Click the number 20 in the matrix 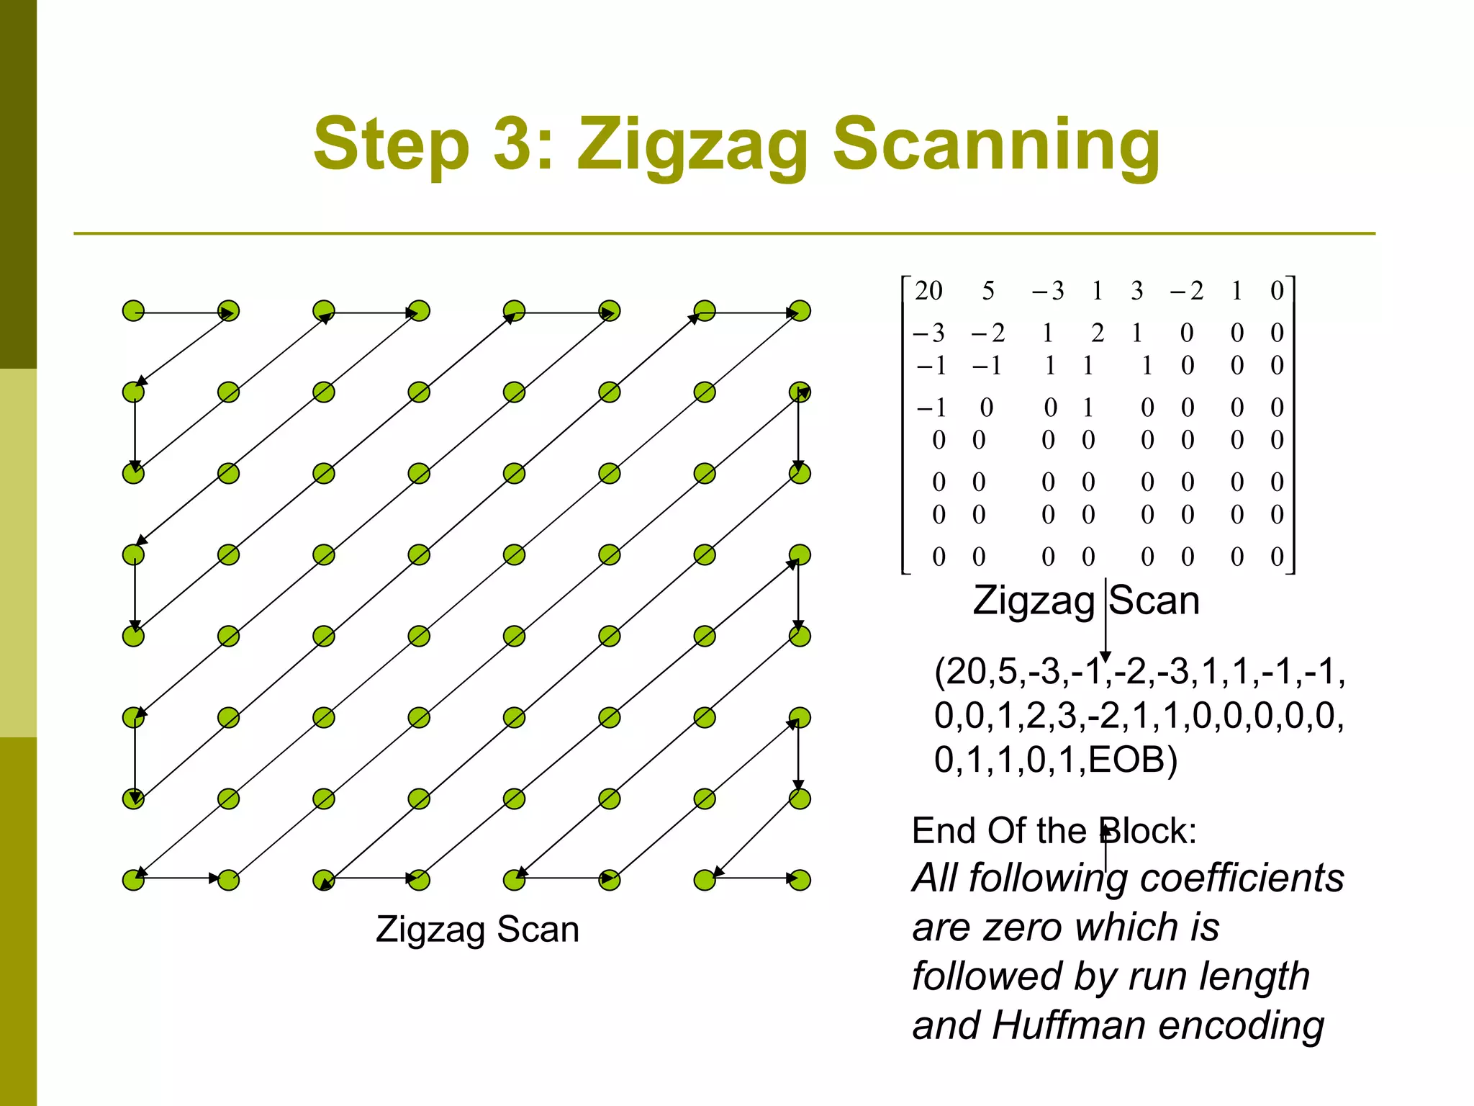(928, 291)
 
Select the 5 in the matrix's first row (988, 291)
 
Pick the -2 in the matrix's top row (1187, 291)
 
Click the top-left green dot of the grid (133, 311)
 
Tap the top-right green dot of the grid (800, 311)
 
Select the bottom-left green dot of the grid (133, 880)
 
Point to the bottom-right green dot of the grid (800, 880)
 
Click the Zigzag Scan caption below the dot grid (477, 929)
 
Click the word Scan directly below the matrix (1154, 601)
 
